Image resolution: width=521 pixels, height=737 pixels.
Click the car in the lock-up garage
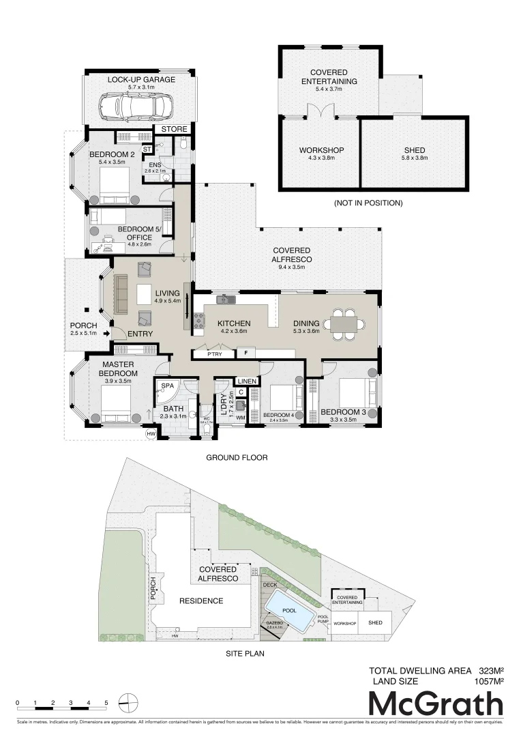tap(136, 106)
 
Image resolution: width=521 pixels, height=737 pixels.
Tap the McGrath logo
tap(436, 704)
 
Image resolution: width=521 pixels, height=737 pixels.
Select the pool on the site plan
tap(289, 609)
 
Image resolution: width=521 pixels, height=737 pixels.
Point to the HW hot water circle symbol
tap(151, 433)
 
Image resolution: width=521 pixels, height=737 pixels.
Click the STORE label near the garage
tap(174, 128)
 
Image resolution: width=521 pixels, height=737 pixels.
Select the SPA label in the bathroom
tap(166, 386)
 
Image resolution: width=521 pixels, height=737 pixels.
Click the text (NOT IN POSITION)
tap(368, 203)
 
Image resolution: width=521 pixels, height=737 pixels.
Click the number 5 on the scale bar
tap(106, 702)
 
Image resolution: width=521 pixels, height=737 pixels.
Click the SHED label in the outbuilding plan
tap(415, 150)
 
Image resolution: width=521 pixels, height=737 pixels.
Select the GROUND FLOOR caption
tap(237, 458)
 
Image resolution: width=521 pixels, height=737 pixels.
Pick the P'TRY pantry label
tap(206, 354)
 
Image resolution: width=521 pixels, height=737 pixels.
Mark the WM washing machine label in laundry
tap(240, 418)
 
